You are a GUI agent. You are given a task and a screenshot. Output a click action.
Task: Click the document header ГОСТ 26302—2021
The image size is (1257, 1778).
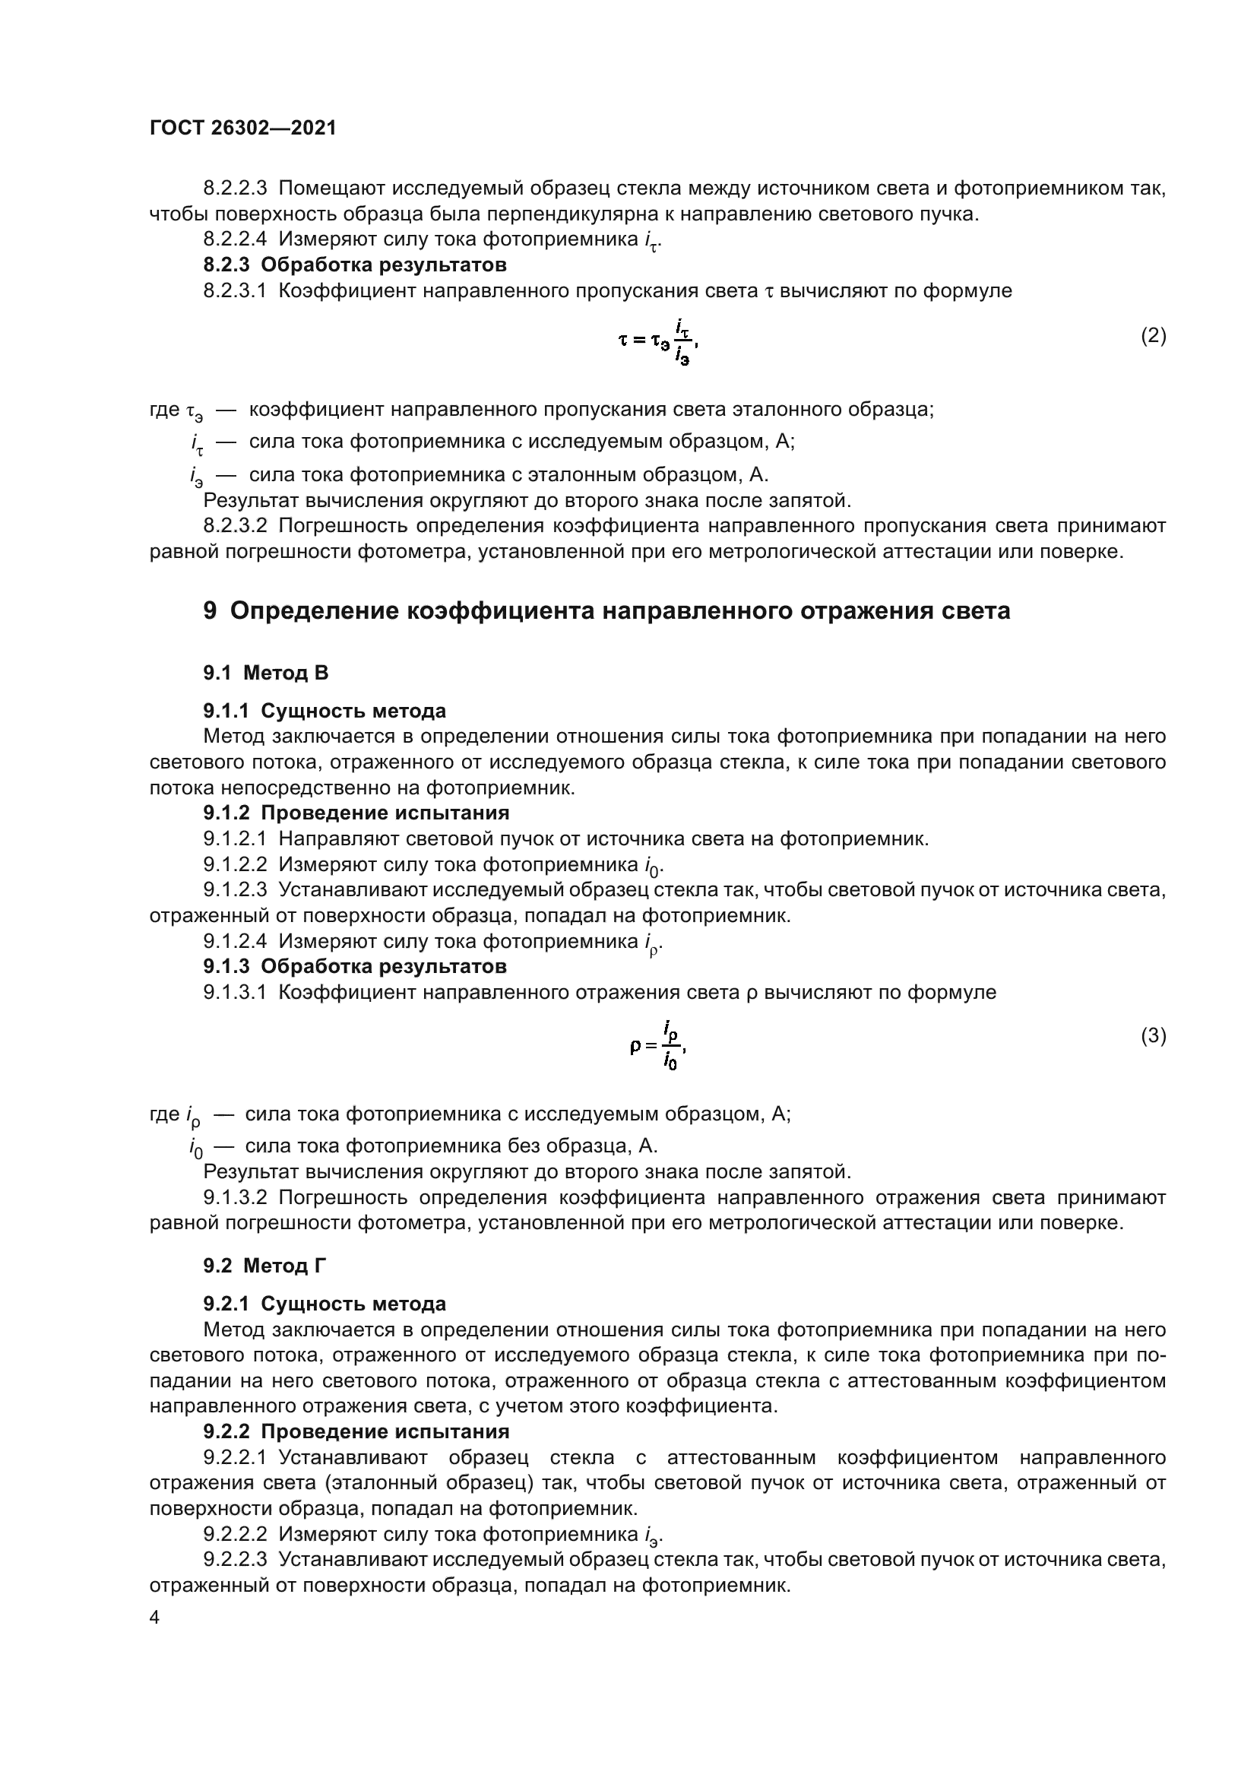pos(242,128)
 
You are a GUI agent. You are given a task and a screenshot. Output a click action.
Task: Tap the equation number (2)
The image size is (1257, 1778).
pos(1154,335)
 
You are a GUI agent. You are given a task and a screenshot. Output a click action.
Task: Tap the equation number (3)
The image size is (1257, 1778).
pos(1154,1035)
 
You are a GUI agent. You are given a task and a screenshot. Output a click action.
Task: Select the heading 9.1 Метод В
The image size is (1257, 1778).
pos(265,673)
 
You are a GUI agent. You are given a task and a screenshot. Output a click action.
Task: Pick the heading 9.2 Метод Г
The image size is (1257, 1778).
pos(264,1266)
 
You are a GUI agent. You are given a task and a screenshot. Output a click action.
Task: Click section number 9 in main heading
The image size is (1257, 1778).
pos(210,611)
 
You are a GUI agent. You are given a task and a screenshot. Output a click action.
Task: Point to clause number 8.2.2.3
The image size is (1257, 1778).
pos(235,189)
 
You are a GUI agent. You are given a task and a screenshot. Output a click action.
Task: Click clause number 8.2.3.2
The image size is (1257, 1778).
pos(235,526)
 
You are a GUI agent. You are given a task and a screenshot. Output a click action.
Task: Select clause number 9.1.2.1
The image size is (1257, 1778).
pos(235,838)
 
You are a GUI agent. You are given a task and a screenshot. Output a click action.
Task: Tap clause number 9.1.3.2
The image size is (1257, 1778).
pos(235,1198)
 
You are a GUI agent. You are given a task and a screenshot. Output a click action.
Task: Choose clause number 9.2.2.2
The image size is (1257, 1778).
pos(235,1534)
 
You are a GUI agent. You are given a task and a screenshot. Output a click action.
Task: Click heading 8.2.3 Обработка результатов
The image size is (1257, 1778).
pos(354,265)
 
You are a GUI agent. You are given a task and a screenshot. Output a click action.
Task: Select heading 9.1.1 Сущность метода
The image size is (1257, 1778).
pos(325,711)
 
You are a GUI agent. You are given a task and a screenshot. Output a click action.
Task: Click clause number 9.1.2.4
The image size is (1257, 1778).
pos(235,941)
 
